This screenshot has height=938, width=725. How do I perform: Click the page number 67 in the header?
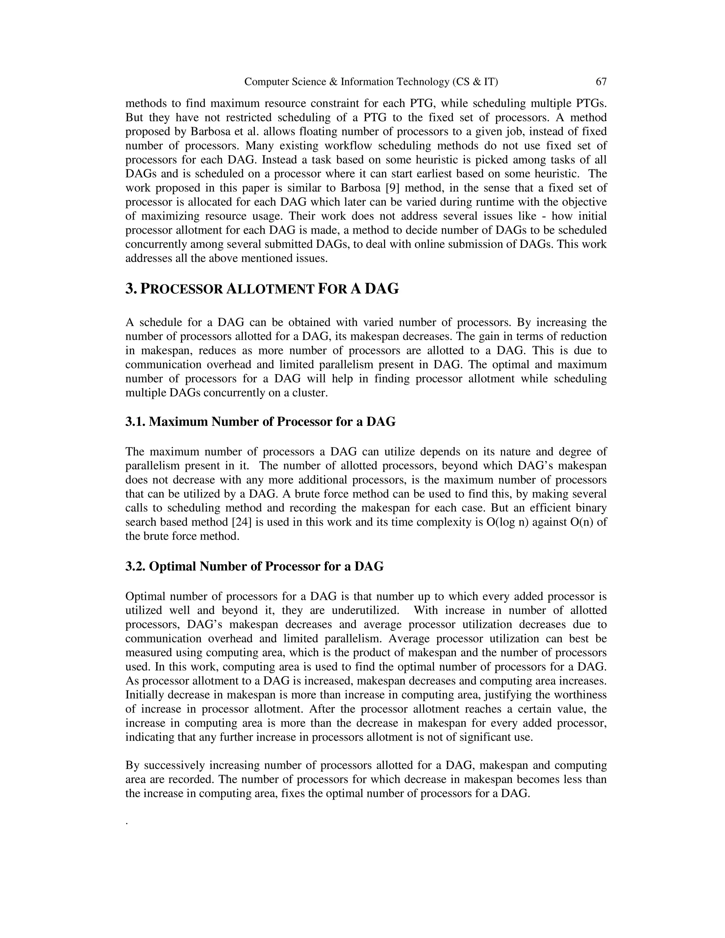pos(601,82)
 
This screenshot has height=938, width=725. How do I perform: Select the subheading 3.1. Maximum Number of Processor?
pos(260,422)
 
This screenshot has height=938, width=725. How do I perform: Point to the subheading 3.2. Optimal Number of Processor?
pos(254,566)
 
